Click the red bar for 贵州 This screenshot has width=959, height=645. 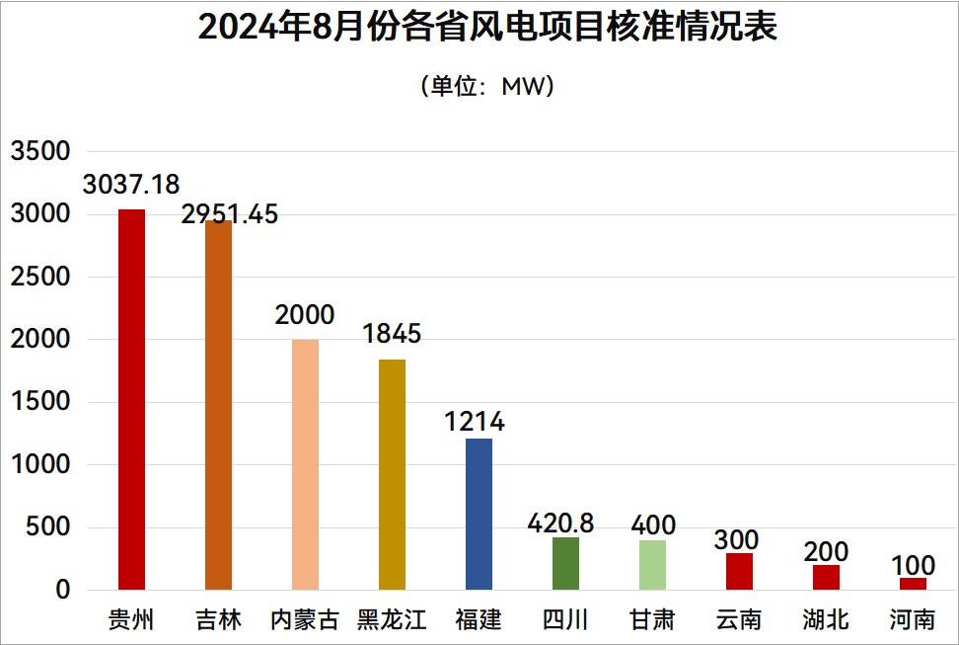pos(131,400)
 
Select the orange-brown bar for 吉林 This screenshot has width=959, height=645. pos(218,405)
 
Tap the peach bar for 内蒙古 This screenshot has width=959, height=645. pos(305,464)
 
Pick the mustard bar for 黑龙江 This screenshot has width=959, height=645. pos(392,474)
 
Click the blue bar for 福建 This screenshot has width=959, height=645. pos(479,514)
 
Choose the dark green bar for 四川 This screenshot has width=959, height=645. pos(565,563)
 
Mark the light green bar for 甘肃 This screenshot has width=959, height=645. pos(652,565)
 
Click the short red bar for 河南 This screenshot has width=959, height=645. pos(913,584)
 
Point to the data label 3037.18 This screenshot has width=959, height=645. pos(131,185)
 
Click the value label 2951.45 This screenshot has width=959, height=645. pos(230,214)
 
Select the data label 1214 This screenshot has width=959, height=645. pos(475,422)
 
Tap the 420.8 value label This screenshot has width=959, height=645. pos(560,523)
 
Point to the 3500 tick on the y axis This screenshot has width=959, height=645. pos(40,151)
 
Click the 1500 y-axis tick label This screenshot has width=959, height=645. pos(40,402)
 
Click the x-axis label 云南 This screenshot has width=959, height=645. pos(739,620)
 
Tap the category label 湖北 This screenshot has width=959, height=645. pos(826,620)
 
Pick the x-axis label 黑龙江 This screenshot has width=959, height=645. pos(392,620)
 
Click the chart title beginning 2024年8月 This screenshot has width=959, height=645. pos(487,28)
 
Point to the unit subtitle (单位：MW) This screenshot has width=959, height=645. pos(487,86)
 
